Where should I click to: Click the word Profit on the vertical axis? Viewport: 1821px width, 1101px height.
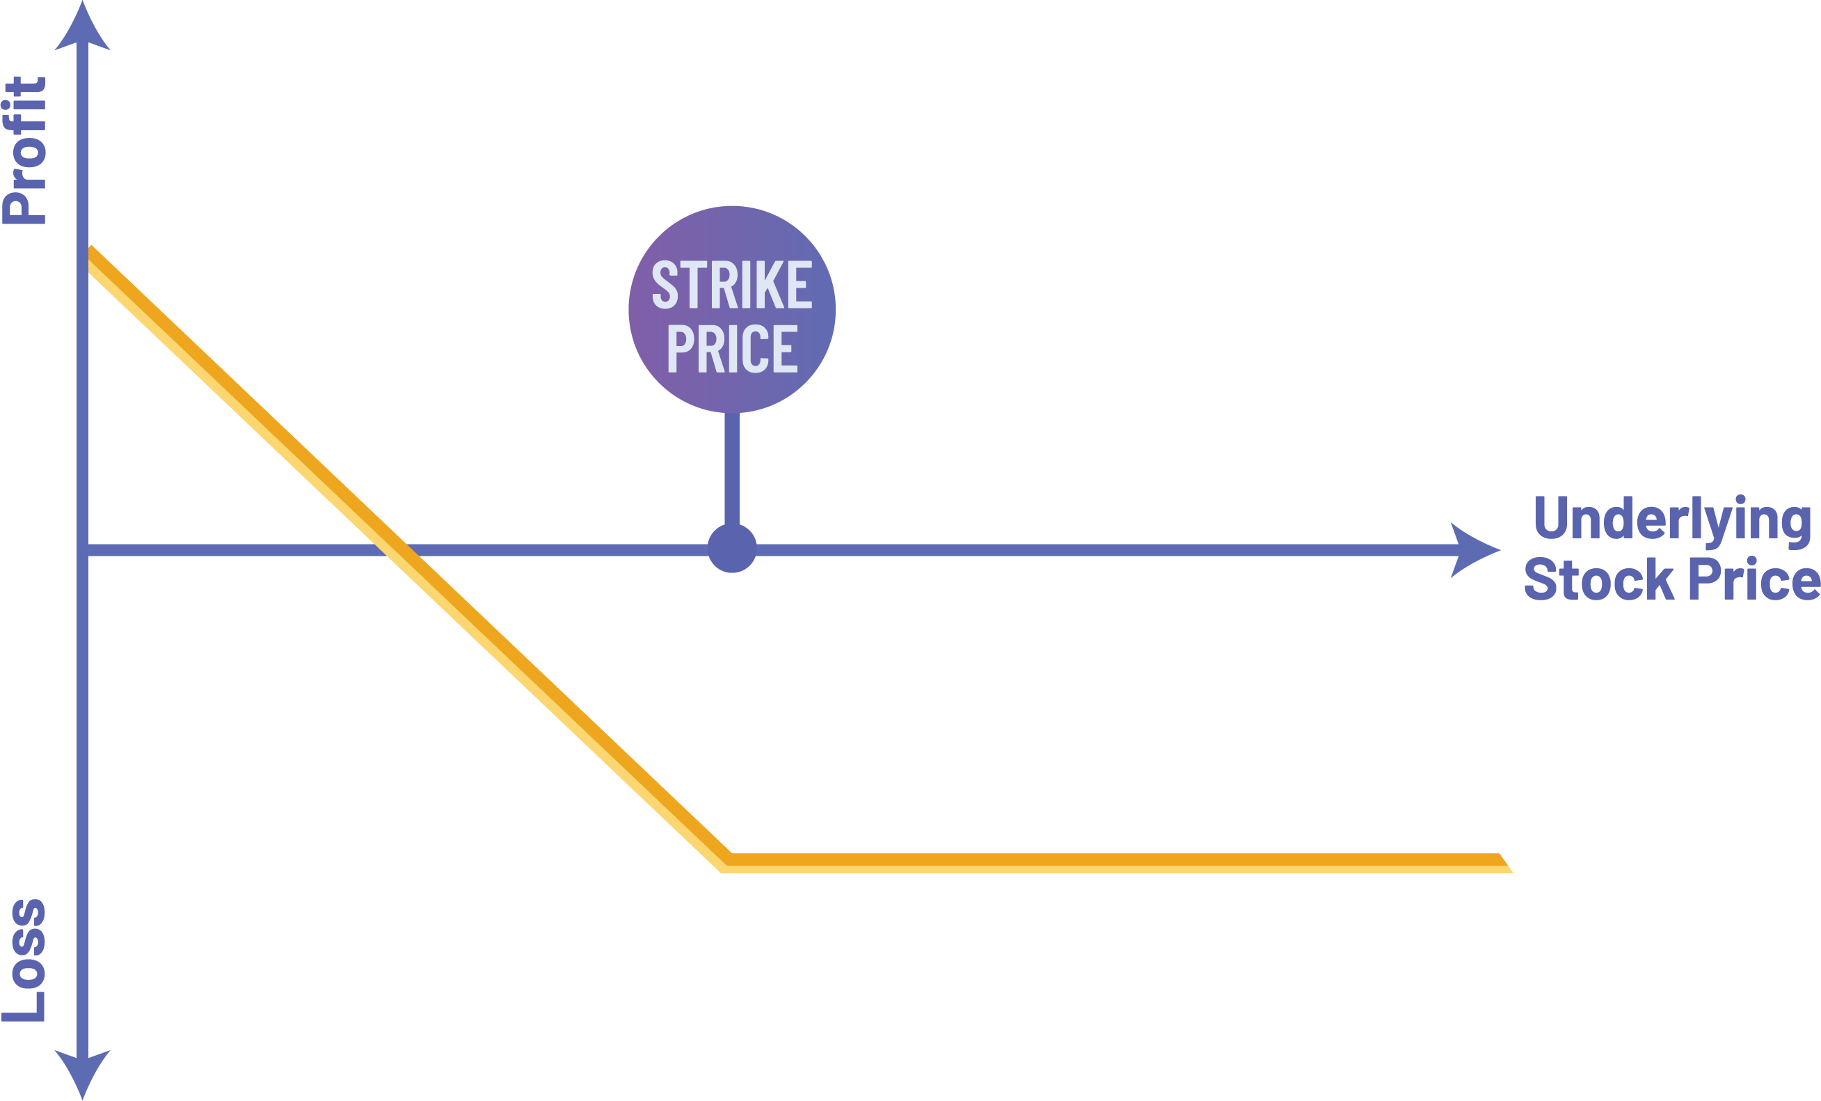click(25, 150)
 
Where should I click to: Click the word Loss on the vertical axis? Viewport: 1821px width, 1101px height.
click(25, 960)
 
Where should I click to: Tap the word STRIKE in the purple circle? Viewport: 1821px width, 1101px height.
click(731, 285)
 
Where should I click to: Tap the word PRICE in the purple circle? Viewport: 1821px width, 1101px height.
click(731, 348)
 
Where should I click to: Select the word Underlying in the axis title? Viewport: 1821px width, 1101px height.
click(1671, 520)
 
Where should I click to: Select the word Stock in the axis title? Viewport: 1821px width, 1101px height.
click(1598, 581)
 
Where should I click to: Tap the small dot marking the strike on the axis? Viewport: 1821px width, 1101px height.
click(731, 549)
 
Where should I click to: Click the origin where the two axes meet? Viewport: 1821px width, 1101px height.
click(84, 550)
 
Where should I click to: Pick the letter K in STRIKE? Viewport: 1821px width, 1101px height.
click(772, 285)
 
